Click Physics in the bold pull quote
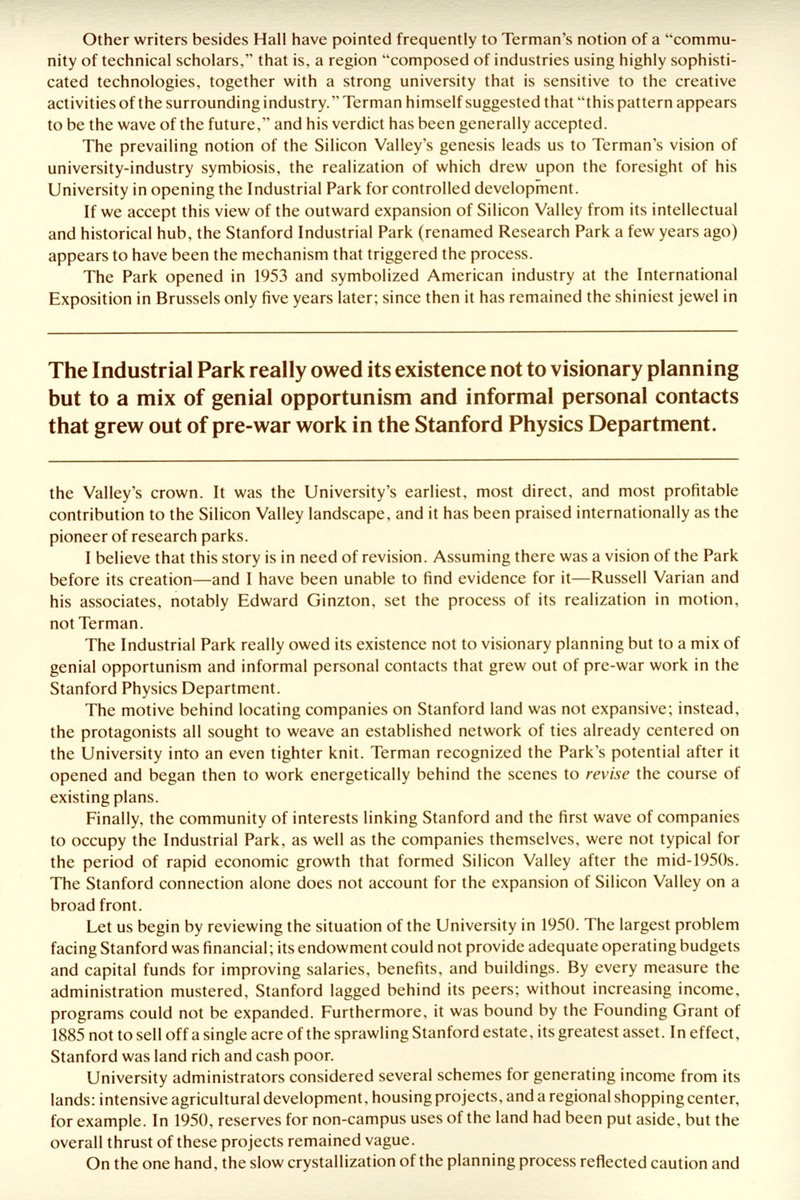pyautogui.click(x=561, y=423)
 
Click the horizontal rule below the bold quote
pyautogui.click(x=400, y=458)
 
